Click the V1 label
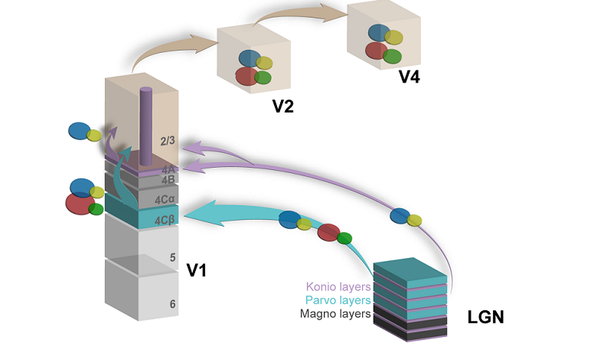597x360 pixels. [198, 269]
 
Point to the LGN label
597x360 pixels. [485, 316]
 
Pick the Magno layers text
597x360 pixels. [336, 313]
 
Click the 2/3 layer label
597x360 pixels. [168, 141]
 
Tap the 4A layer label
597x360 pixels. [168, 169]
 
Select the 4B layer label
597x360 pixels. [168, 180]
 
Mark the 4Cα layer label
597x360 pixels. [167, 200]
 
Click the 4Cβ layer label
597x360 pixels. [167, 221]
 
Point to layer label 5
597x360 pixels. [172, 259]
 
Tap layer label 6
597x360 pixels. [172, 304]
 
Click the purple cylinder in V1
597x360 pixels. [146, 123]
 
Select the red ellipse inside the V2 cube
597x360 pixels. [246, 76]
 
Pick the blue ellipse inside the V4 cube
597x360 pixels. [377, 32]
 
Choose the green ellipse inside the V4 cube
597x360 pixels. [392, 56]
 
